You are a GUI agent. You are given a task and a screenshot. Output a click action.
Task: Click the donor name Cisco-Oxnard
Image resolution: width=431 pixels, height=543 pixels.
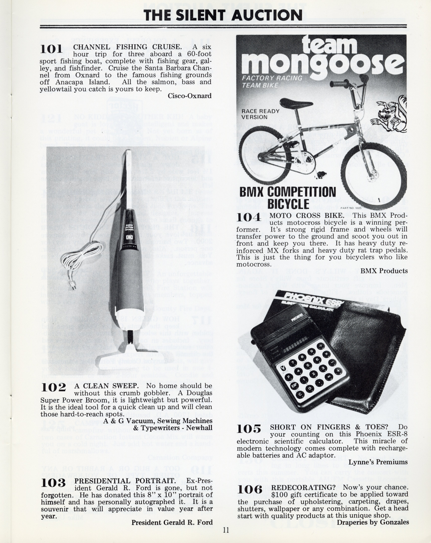tap(189, 96)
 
